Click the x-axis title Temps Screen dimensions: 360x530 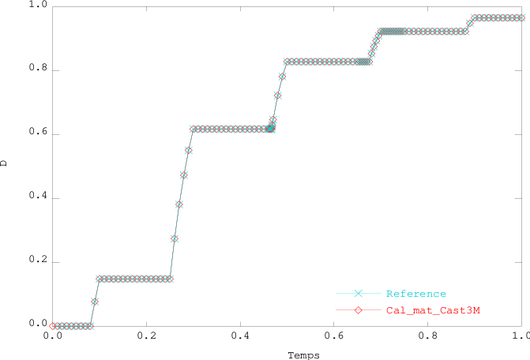point(303,355)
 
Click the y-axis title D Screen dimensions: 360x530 point(5,164)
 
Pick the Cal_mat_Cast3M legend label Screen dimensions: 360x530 point(433,310)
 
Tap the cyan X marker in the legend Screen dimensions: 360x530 point(358,294)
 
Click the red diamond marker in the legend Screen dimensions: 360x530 point(358,310)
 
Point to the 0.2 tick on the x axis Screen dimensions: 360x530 point(145,336)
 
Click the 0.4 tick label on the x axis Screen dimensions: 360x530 point(239,336)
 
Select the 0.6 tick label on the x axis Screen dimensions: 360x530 point(333,336)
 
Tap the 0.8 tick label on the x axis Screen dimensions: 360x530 point(427,336)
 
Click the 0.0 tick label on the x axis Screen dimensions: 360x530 point(52,336)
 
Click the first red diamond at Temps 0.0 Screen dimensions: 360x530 point(52,326)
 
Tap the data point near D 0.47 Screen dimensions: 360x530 point(184,175)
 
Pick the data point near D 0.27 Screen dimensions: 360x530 point(175,238)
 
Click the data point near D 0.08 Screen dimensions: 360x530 point(95,302)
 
